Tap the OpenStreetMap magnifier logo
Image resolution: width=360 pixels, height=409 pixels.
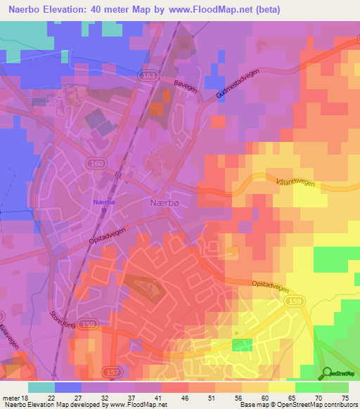pyautogui.click(x=327, y=372)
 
